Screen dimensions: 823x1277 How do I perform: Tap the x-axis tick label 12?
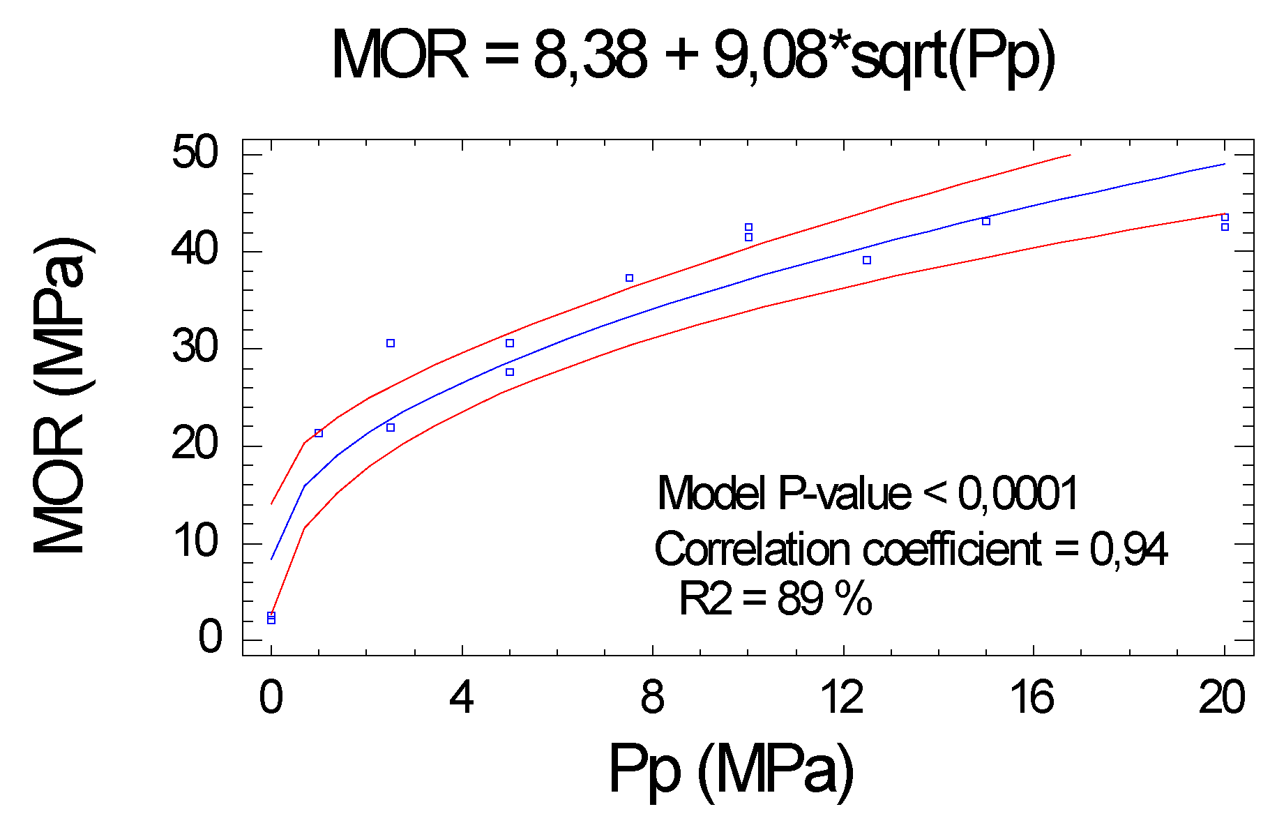click(842, 697)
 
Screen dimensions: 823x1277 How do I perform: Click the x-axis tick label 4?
click(462, 697)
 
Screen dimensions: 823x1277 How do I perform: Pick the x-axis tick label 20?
click(1222, 697)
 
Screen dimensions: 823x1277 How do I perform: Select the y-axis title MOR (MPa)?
click(61, 396)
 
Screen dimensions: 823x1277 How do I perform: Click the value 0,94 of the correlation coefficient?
click(1128, 549)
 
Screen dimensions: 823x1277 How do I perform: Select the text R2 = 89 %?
click(775, 598)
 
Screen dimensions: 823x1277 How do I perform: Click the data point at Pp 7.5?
click(629, 278)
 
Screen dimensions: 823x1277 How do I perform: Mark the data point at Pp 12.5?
click(867, 260)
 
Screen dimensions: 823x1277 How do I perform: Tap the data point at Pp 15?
click(986, 221)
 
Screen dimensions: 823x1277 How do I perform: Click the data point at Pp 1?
click(319, 433)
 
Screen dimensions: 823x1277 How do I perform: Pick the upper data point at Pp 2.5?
click(391, 343)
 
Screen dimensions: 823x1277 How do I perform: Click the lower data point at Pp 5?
click(510, 372)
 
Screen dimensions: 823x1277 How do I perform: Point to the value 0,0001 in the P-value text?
click(1018, 493)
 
